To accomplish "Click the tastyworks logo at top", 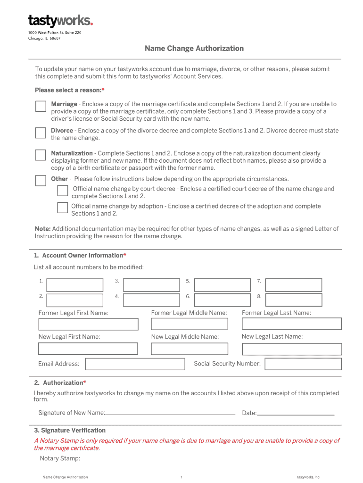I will [60, 20].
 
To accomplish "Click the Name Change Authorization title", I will [194, 49].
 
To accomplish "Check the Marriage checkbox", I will [41, 106].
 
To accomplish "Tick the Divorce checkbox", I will [41, 133].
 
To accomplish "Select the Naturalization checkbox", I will [41, 155].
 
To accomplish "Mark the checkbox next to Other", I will [41, 181].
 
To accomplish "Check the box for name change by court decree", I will [62, 191].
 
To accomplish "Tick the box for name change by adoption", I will [62, 208].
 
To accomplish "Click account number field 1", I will [75, 285].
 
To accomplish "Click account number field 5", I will [222, 285].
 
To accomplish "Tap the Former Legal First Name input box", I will [88, 325].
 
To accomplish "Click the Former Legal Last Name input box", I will [291, 324].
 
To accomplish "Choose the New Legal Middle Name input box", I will [189, 349].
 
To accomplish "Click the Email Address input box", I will [135, 364].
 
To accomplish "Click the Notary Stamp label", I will [60, 458].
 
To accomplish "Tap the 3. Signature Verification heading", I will [70, 431].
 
